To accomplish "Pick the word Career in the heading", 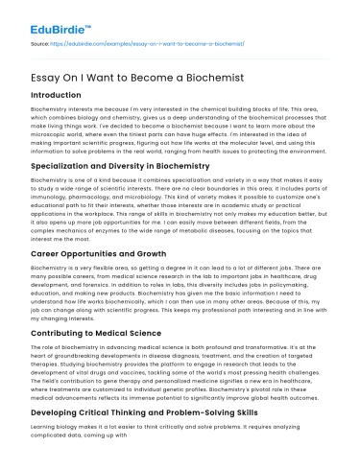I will (48, 251).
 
